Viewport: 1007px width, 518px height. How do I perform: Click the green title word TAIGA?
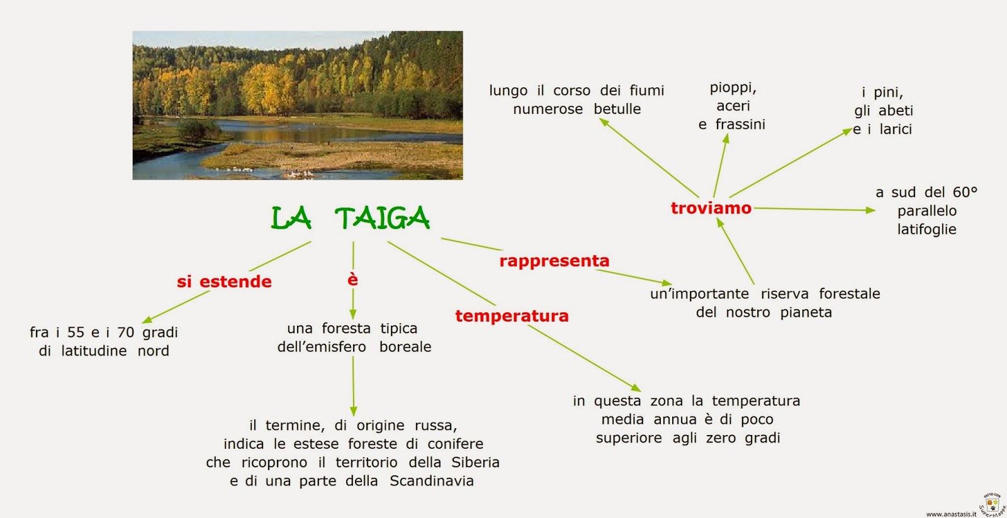tap(382, 219)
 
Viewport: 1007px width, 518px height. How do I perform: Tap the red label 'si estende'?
tap(224, 282)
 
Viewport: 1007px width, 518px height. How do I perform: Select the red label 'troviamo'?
tap(711, 208)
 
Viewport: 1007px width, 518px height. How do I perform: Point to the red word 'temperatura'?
tap(512, 316)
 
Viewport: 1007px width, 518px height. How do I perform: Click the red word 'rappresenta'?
tap(554, 261)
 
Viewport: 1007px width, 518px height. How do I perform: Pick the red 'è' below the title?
tap(352, 280)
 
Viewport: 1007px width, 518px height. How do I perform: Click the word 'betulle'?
tap(617, 109)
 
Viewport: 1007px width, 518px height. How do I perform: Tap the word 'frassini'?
tap(740, 124)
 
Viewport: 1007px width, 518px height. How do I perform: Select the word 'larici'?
tap(896, 129)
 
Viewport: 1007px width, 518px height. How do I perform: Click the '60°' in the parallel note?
tap(965, 192)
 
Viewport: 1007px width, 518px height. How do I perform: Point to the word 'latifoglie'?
tap(926, 229)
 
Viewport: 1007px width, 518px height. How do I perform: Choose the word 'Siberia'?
tap(475, 463)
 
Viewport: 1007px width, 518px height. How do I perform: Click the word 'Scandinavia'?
tap(432, 481)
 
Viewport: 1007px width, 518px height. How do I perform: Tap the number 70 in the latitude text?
tap(125, 332)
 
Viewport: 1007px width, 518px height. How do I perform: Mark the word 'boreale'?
tap(405, 347)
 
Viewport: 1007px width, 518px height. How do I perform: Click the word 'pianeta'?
tap(806, 312)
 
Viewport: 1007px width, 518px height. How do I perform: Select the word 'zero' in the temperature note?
tap(721, 438)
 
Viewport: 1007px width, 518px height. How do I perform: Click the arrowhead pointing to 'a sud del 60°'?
tap(871, 210)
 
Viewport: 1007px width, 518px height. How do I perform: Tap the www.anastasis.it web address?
tap(951, 514)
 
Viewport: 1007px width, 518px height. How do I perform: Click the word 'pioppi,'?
tap(733, 87)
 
